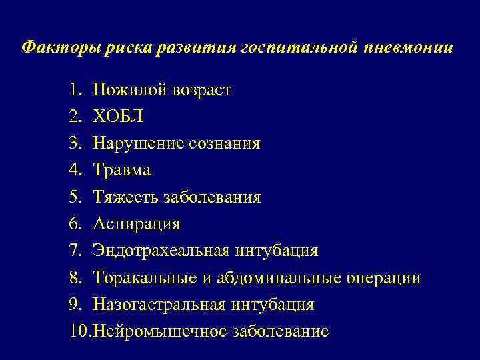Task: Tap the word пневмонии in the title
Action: point(410,49)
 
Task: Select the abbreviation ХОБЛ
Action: point(118,117)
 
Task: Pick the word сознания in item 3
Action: point(226,143)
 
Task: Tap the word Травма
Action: point(122,171)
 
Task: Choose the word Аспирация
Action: point(136,224)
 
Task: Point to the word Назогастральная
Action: point(160,305)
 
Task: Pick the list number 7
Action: point(74,251)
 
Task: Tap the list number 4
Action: point(74,171)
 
